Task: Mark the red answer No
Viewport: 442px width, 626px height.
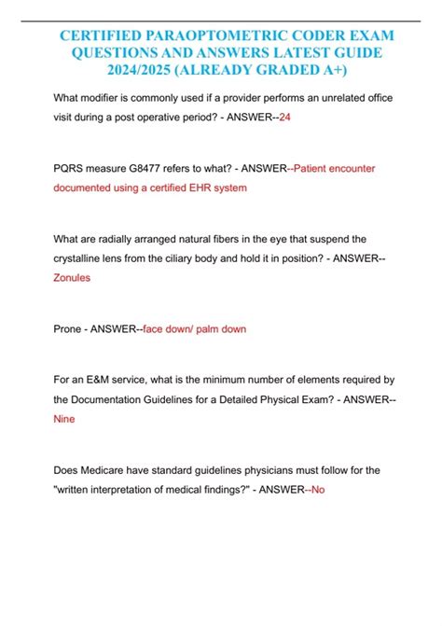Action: click(316, 491)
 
